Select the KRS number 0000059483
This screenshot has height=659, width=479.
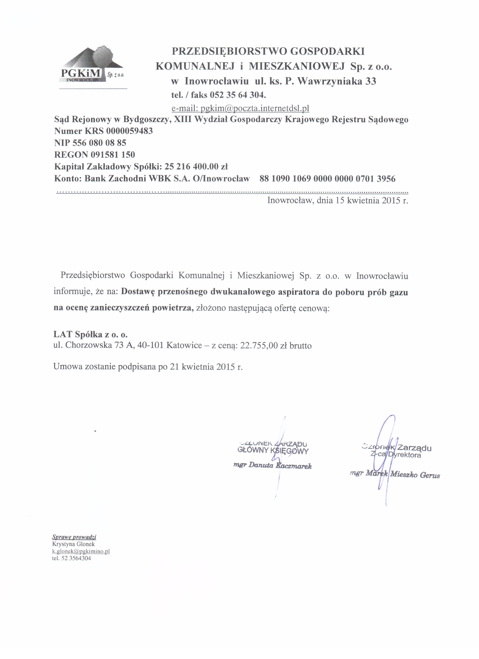tap(129, 131)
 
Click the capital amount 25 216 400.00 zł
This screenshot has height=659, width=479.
tap(196, 167)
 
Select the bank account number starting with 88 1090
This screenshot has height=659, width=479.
tap(327, 178)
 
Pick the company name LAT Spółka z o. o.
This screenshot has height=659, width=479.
tap(90, 334)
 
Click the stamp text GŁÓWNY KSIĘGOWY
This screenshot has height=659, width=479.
tap(273, 451)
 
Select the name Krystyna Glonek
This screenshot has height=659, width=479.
tap(74, 544)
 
